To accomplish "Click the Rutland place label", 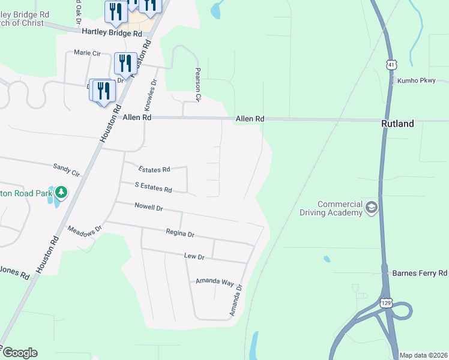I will [x=397, y=124].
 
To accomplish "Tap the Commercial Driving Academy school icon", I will [x=371, y=208].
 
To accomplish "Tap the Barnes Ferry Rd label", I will [x=420, y=273].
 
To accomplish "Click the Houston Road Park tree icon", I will [x=61, y=193].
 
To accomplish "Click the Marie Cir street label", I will [x=87, y=53].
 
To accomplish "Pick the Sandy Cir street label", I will [x=67, y=169].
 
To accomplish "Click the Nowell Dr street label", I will [x=149, y=208].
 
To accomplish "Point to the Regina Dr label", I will [x=180, y=233].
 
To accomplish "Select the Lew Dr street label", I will [x=194, y=257].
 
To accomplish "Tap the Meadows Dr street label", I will [x=85, y=229].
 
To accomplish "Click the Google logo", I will [x=20, y=353].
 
